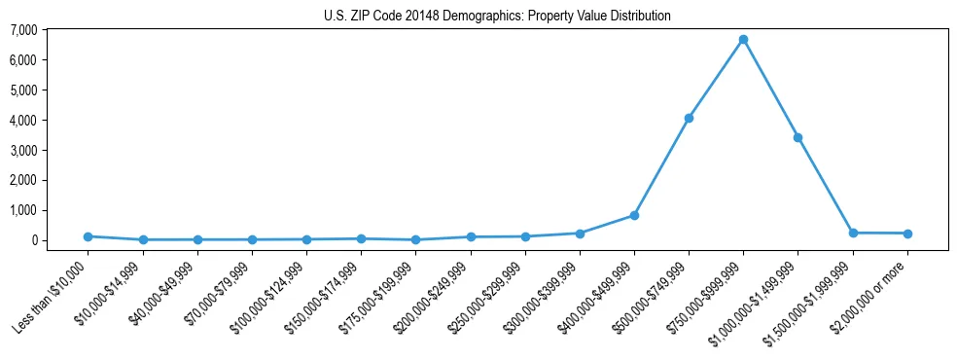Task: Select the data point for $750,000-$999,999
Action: pyautogui.click(x=743, y=40)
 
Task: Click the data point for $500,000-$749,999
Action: pyautogui.click(x=689, y=118)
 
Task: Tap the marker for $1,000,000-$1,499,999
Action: pyautogui.click(x=797, y=137)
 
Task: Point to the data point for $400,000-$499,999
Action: pyautogui.click(x=634, y=215)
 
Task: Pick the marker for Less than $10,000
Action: pyautogui.click(x=89, y=236)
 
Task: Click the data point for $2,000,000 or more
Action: pyautogui.click(x=906, y=234)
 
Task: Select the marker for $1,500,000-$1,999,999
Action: pyautogui.click(x=852, y=233)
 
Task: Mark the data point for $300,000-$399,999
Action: pyautogui.click(x=580, y=234)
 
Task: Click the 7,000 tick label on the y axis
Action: pyautogui.click(x=23, y=30)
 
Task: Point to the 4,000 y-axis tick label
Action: pyautogui.click(x=23, y=121)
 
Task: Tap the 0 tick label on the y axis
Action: pyautogui.click(x=33, y=240)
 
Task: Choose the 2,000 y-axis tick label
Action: pyautogui.click(x=23, y=180)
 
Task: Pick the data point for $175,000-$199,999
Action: pyautogui.click(x=416, y=239)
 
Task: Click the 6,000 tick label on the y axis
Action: pyautogui.click(x=23, y=60)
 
